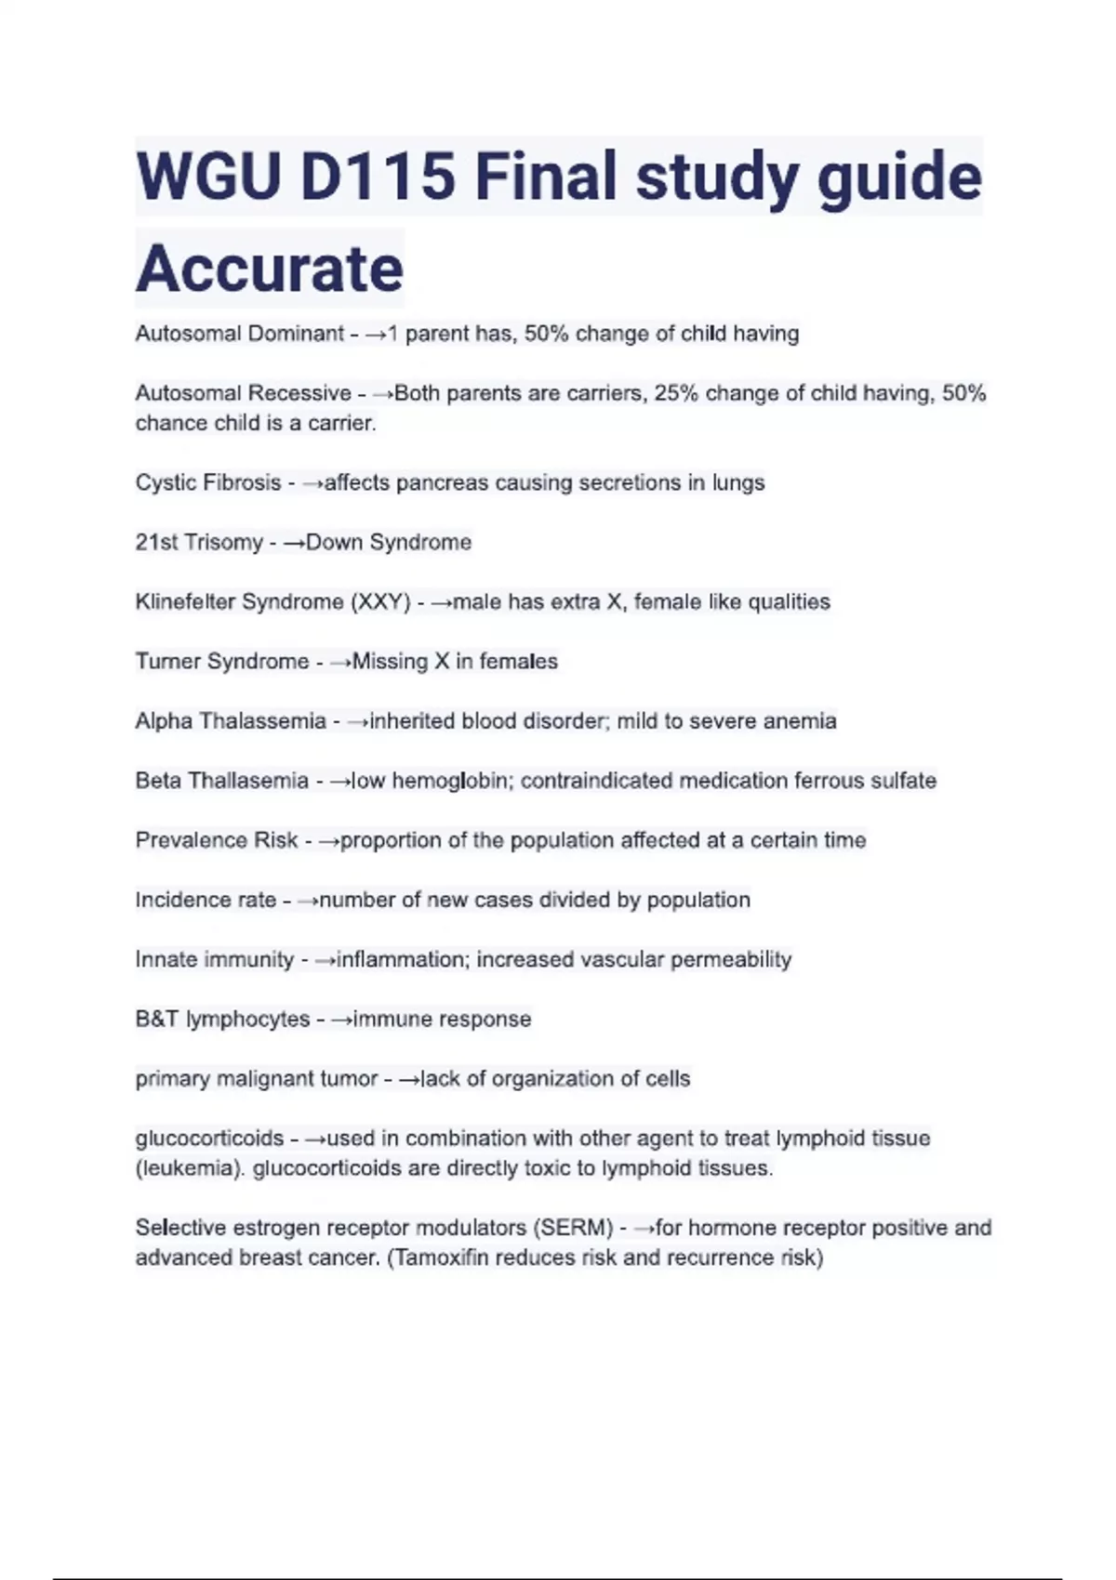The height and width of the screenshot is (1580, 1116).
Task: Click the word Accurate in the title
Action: click(x=270, y=269)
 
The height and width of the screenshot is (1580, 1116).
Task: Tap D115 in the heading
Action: click(x=378, y=176)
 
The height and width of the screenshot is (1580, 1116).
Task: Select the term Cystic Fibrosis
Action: click(x=208, y=482)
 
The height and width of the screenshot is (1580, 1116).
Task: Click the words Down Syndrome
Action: click(x=389, y=542)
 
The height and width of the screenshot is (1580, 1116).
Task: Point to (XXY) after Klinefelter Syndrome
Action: click(x=380, y=602)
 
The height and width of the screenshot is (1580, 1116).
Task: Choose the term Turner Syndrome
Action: click(x=222, y=661)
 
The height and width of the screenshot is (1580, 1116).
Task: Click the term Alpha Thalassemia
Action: click(x=231, y=720)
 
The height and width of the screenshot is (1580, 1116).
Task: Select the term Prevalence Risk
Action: click(x=217, y=840)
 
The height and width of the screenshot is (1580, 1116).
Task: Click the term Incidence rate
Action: click(x=206, y=900)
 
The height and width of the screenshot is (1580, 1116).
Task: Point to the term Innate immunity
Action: click(x=215, y=959)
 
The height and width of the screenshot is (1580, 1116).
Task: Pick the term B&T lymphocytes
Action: click(x=222, y=1019)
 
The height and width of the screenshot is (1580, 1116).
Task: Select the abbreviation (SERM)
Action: click(x=573, y=1228)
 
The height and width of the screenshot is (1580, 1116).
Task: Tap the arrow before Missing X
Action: click(x=341, y=662)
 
